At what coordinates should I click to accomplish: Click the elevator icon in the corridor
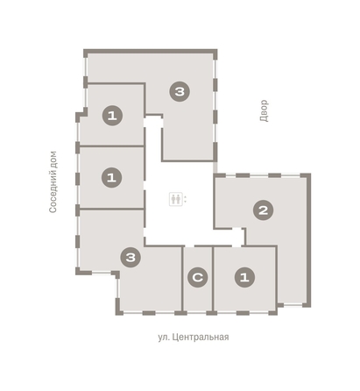[176, 199]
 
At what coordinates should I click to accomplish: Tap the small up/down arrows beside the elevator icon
[186, 199]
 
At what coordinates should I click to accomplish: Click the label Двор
[264, 110]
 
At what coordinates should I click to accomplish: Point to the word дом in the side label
[53, 159]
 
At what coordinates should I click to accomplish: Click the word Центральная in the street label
[201, 338]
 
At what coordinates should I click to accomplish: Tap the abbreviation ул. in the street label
[164, 338]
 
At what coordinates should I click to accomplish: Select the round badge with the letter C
[198, 277]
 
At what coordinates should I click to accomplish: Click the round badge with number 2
[264, 210]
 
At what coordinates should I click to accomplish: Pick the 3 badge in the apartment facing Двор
[180, 92]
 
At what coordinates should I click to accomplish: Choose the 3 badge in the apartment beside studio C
[131, 258]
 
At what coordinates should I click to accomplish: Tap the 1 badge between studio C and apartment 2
[244, 277]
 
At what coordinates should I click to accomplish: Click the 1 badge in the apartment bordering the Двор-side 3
[112, 116]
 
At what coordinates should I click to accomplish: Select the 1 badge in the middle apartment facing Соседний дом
[111, 177]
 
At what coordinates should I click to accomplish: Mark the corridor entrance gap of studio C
[189, 245]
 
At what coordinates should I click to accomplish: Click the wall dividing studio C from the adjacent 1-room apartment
[213, 279]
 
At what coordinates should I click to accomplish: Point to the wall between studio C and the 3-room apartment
[182, 279]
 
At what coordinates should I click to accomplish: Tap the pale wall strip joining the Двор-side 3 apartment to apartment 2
[215, 167]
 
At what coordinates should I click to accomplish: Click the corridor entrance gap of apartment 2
[236, 228]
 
